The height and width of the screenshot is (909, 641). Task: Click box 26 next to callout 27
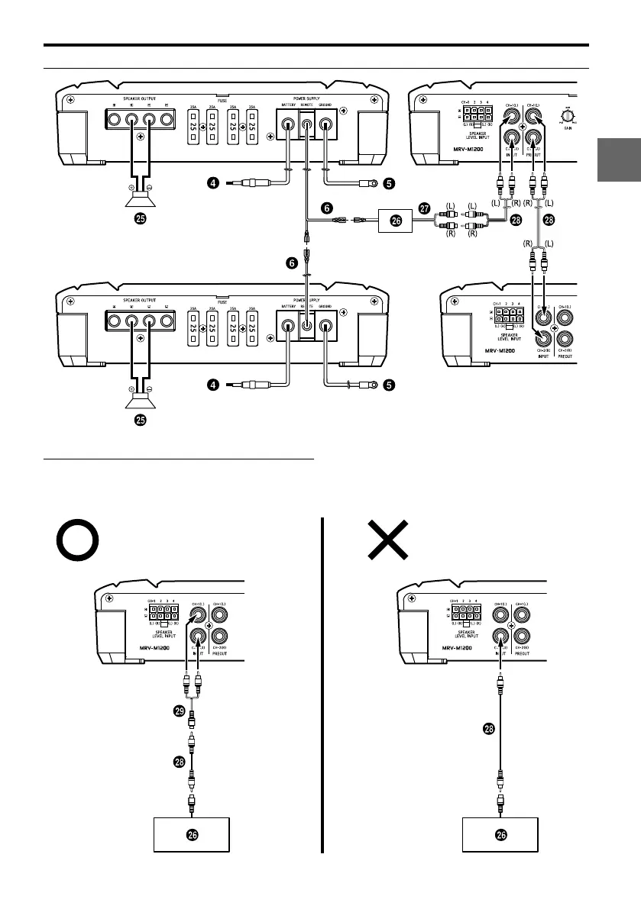coord(396,221)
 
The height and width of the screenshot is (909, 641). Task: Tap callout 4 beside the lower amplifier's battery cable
coord(216,386)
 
